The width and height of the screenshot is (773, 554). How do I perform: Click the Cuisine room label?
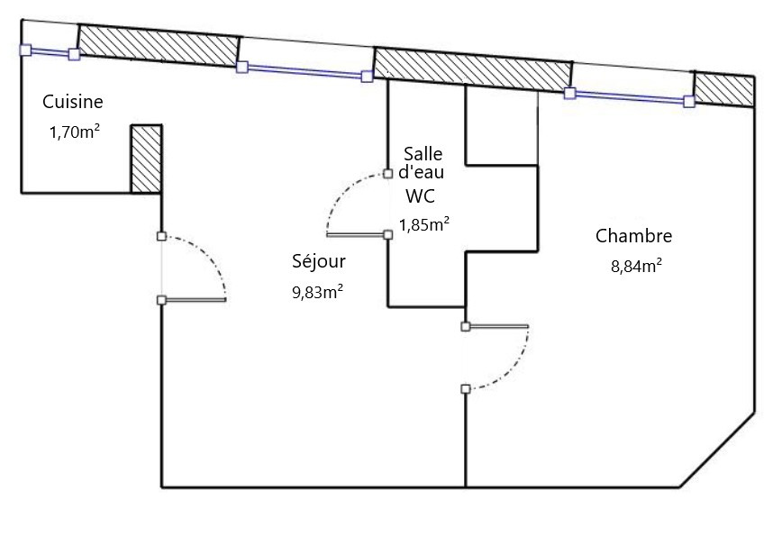coord(73,102)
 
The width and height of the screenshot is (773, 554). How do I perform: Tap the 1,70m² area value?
coord(74,132)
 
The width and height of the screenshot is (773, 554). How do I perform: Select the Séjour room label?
coord(319,262)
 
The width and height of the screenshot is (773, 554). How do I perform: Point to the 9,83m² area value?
coord(317,291)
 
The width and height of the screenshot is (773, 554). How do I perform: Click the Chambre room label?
coord(633,237)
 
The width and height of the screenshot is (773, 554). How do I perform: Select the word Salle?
coord(423,153)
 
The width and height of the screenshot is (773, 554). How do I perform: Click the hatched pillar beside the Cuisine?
coord(146,159)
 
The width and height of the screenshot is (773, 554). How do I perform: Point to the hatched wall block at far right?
coord(723,89)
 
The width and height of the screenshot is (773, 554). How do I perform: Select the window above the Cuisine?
coord(50,52)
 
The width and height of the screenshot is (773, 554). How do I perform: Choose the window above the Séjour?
coord(305,71)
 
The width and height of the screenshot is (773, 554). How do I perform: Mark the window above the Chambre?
coord(629,96)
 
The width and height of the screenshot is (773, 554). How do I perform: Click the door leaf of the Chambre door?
coord(496,326)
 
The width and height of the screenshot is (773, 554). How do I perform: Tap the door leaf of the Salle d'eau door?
coord(357,235)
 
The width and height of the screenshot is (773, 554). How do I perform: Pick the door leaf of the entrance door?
coord(193,299)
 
